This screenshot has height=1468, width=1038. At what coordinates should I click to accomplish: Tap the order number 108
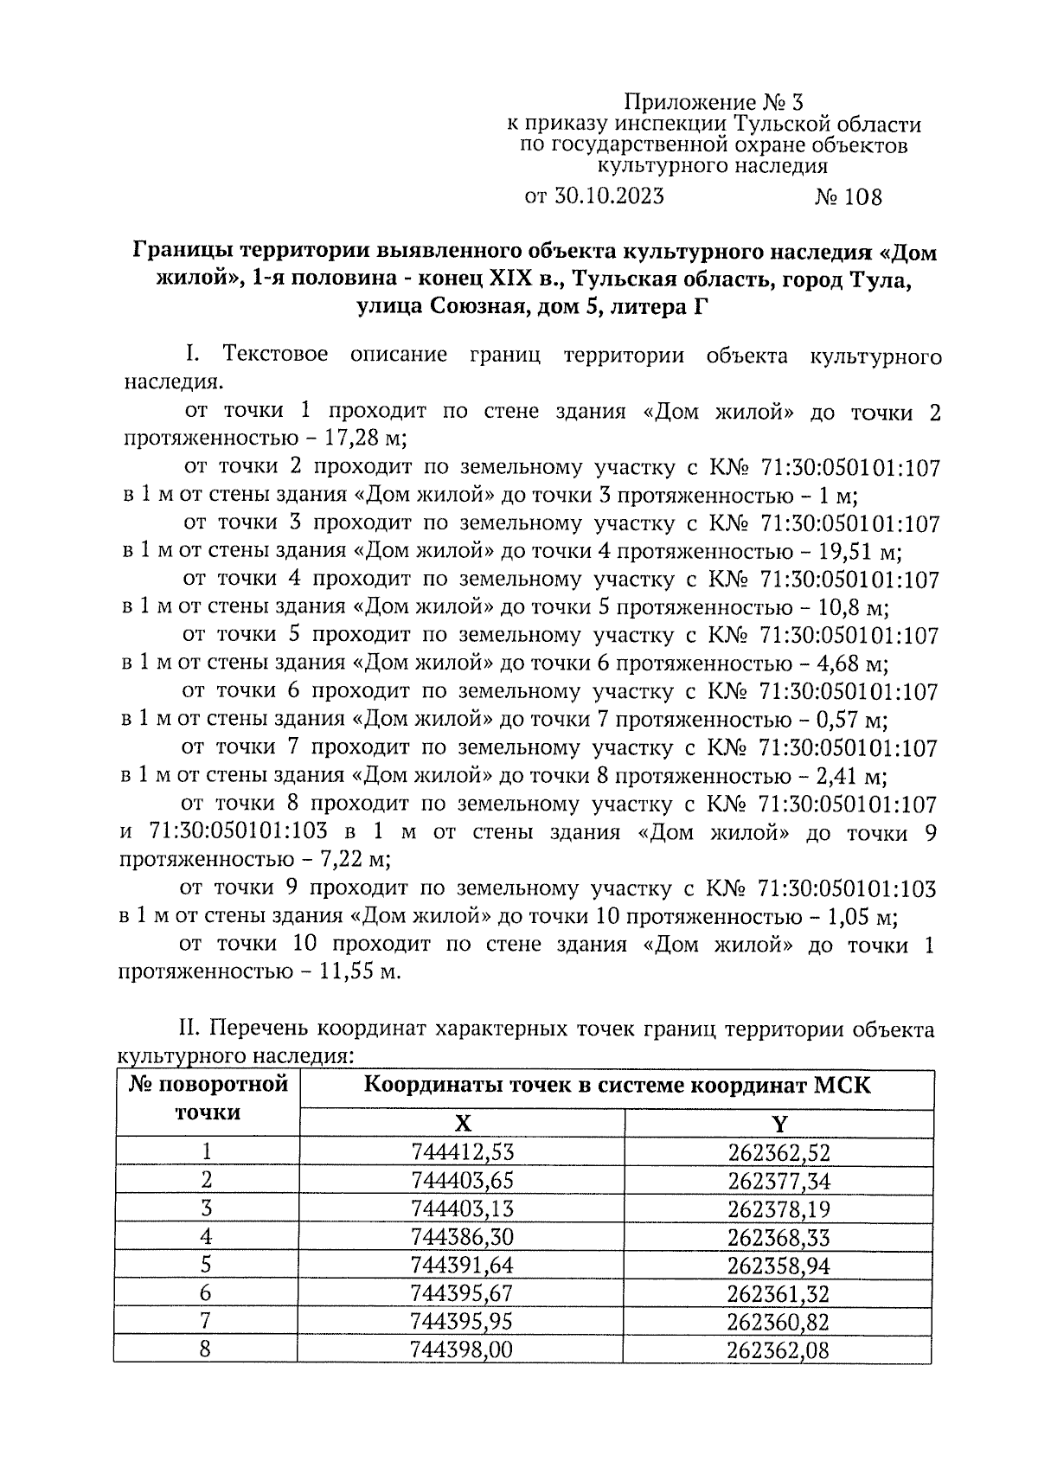[863, 197]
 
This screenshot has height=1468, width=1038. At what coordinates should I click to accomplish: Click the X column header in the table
[463, 1124]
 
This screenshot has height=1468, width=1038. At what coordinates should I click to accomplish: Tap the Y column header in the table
[779, 1124]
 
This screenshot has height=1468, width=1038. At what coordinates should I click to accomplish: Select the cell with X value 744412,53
[463, 1151]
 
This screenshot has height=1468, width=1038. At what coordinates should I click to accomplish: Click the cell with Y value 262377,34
[779, 1180]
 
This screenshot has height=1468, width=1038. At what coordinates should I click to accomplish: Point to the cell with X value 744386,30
[463, 1236]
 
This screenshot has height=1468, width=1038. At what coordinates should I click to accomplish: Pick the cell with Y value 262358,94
[779, 1265]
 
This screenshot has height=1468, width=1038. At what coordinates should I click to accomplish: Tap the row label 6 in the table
[206, 1292]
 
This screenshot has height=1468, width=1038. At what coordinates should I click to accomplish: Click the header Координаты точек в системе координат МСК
[618, 1086]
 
